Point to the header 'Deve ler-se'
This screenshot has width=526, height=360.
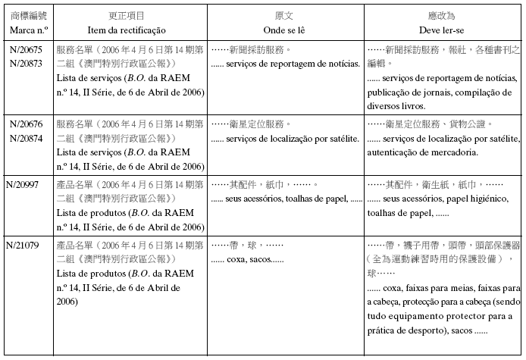[443, 30]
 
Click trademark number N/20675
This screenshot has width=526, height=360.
[26, 49]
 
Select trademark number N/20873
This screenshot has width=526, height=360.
[26, 63]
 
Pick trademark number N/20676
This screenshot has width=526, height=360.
[26, 123]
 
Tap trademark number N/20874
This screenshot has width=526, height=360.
[26, 137]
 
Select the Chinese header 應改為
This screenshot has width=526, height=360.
[443, 15]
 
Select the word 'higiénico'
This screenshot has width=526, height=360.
[496, 199]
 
